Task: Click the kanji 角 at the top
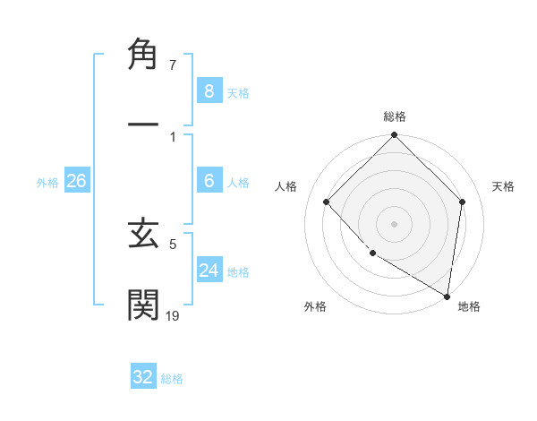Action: point(143,56)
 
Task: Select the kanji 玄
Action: point(143,235)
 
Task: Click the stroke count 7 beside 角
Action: point(173,65)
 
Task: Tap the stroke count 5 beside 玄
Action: point(173,243)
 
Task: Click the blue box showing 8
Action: point(209,90)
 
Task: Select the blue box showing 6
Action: point(209,181)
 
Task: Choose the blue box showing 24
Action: point(209,270)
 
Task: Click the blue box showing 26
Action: point(76,181)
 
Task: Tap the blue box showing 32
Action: point(143,377)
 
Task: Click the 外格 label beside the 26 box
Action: point(47,183)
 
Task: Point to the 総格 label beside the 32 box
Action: point(172,379)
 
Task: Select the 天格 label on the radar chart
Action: point(504,186)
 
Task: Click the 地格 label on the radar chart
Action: point(469,307)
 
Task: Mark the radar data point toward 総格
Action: point(394,136)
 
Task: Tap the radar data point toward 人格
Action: point(327,202)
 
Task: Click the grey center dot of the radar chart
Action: point(394,223)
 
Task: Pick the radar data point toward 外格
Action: point(372,253)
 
